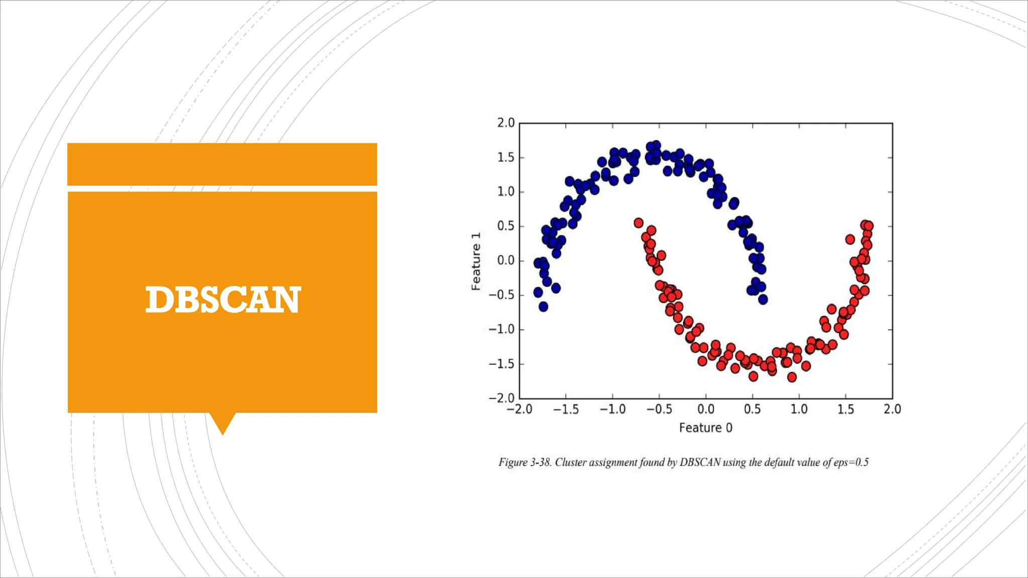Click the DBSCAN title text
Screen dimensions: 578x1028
tap(223, 300)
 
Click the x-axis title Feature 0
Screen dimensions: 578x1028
tap(705, 428)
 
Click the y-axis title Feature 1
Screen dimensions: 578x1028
tap(476, 261)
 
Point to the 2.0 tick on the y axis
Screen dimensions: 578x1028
tap(505, 123)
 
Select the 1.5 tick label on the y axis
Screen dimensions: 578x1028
tap(505, 158)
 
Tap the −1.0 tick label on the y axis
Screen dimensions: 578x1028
tap(501, 330)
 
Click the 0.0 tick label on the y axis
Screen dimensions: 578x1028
tap(505, 261)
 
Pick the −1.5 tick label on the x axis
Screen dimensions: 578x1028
tap(565, 409)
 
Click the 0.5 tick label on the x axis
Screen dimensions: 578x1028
tap(752, 409)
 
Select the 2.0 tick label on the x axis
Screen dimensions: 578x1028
tap(892, 409)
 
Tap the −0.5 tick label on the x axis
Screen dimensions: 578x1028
tap(658, 409)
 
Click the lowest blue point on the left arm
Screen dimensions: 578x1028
tap(543, 307)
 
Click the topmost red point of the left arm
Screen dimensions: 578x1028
tap(638, 223)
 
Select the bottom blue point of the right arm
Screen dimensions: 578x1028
tap(763, 300)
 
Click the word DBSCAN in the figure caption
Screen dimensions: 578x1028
tap(700, 462)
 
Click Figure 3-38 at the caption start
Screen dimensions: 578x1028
tap(524, 462)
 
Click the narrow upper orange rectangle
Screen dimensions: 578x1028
tap(222, 164)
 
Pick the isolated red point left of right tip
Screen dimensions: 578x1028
tap(850, 239)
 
